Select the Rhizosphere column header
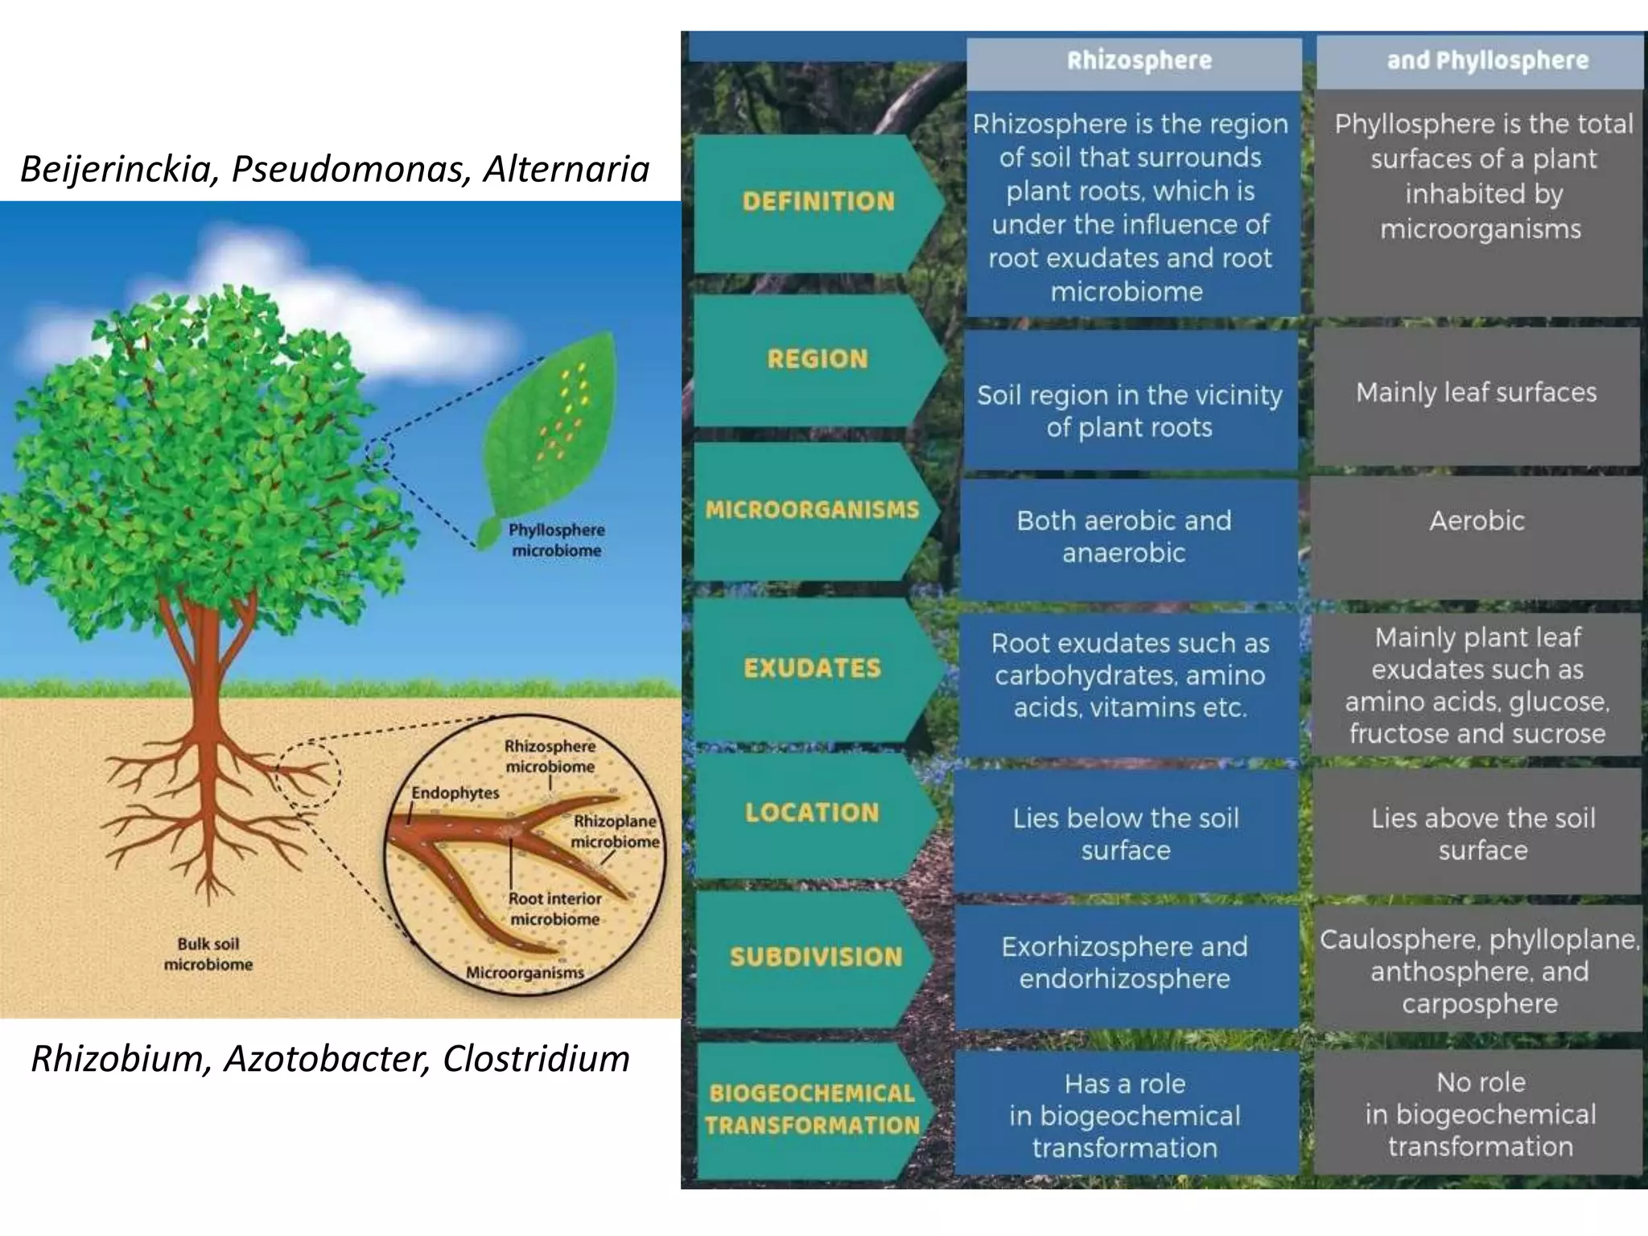1139,61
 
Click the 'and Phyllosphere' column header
1487,61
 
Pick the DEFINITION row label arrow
818,201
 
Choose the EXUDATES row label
812,669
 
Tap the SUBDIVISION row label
816,957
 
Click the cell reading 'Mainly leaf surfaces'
1476,393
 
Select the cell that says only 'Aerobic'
1477,521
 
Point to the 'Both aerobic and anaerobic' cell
1124,537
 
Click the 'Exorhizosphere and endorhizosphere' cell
1124,963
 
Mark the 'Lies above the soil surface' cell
1483,834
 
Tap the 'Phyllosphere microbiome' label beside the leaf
556,541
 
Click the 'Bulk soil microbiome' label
208,954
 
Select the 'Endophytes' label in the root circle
455,793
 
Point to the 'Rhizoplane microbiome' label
615,831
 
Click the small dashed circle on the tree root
307,774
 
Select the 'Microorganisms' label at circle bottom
525,973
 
